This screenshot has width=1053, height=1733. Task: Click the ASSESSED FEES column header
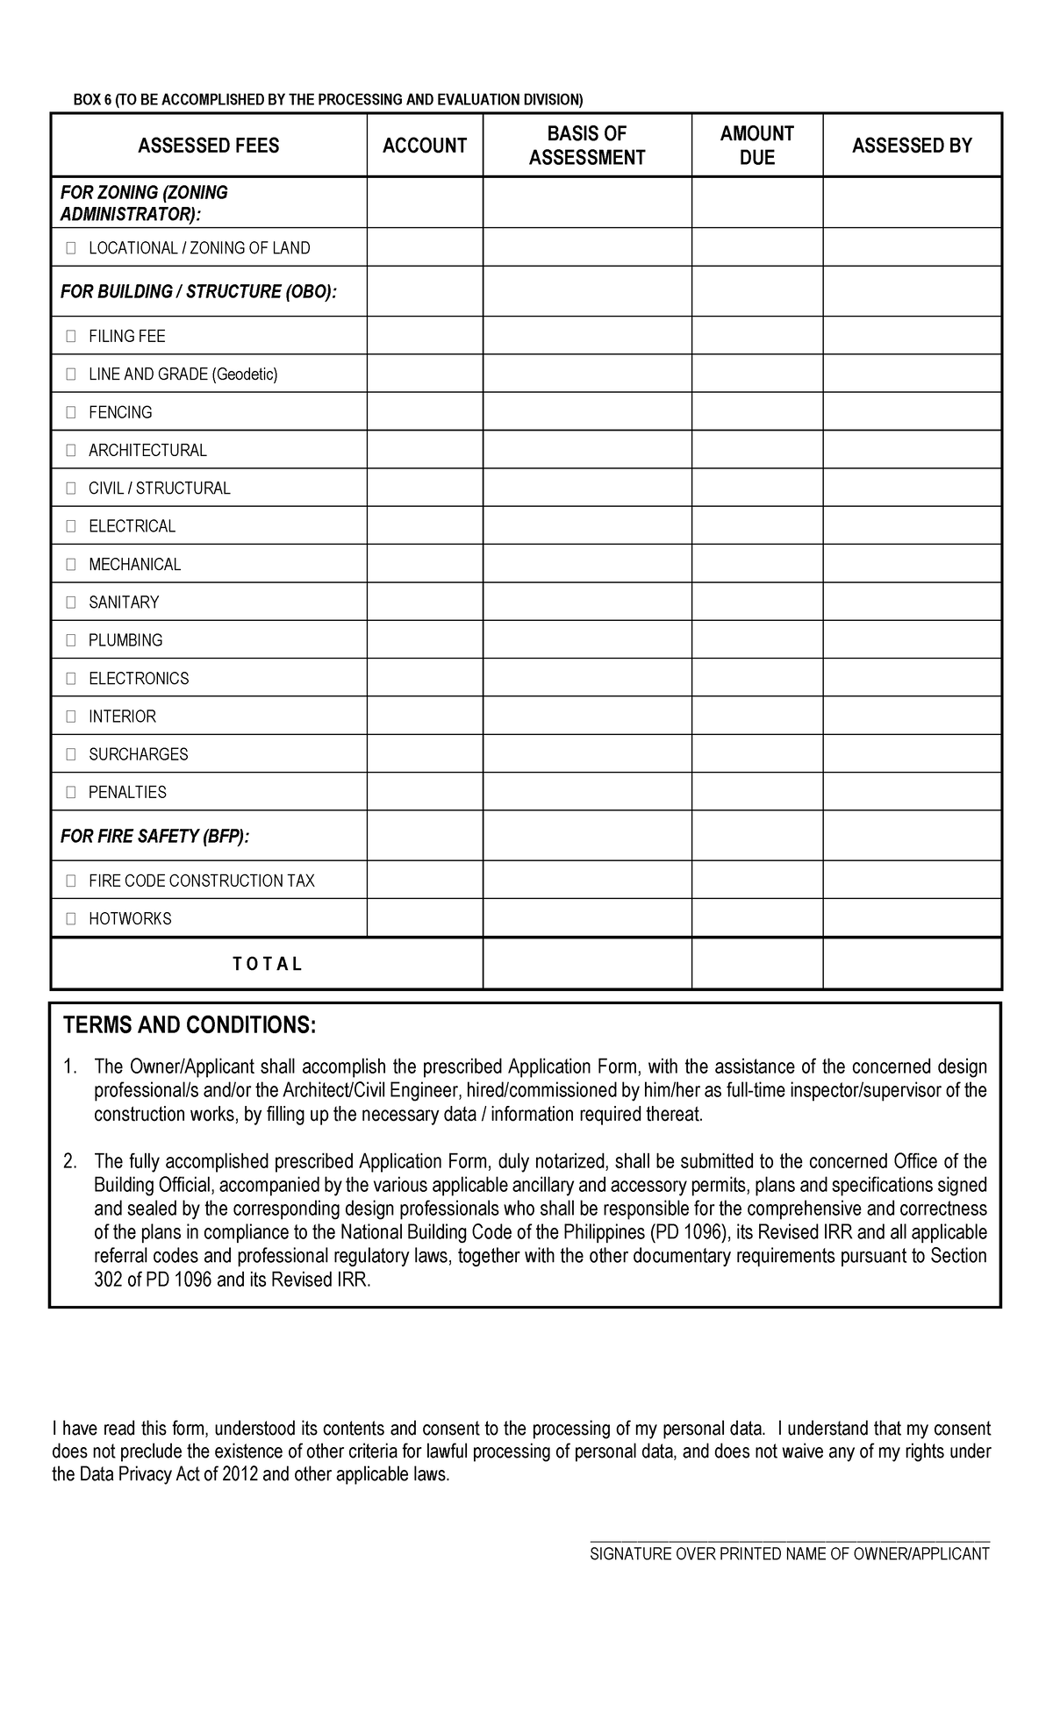[209, 146]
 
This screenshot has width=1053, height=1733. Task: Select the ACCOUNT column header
[425, 146]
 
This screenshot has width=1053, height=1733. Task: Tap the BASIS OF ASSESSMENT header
[587, 146]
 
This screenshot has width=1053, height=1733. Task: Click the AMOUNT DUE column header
[756, 146]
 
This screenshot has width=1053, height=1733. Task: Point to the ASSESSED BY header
[912, 146]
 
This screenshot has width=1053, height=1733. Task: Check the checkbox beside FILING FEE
[70, 337]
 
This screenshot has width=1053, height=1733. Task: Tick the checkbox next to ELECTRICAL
[70, 526]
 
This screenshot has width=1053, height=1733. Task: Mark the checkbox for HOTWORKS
[70, 919]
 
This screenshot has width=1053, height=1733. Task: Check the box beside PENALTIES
[70, 793]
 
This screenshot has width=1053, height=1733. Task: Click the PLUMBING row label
[125, 640]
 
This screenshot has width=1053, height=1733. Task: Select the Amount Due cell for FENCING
[756, 411]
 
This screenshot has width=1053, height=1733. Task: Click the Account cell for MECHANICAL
[425, 564]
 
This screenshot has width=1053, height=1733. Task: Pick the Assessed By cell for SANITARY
[912, 602]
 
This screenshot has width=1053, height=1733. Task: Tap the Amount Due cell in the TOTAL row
[756, 963]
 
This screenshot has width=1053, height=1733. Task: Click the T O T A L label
[268, 964]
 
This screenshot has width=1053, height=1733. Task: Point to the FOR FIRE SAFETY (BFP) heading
[154, 837]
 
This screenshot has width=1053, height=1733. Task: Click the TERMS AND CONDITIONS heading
[189, 1025]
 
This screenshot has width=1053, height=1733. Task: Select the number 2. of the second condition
[70, 1162]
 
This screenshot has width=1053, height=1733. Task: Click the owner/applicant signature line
[790, 1539]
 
